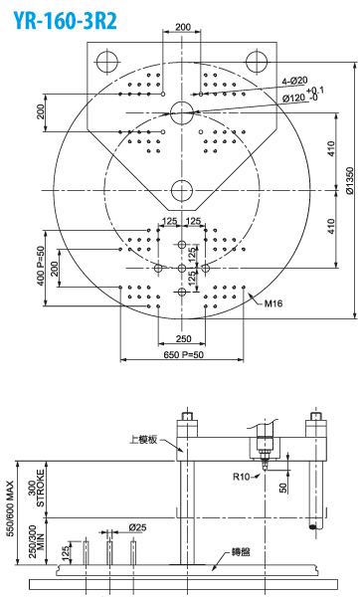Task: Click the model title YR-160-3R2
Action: (x=65, y=20)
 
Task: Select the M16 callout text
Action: (x=273, y=303)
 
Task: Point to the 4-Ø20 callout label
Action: (x=294, y=81)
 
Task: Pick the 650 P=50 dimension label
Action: (x=183, y=355)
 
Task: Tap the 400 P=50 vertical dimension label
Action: (x=41, y=267)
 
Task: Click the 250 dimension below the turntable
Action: (x=183, y=338)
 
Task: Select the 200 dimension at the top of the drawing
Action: (x=183, y=27)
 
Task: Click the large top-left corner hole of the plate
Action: (x=107, y=62)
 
